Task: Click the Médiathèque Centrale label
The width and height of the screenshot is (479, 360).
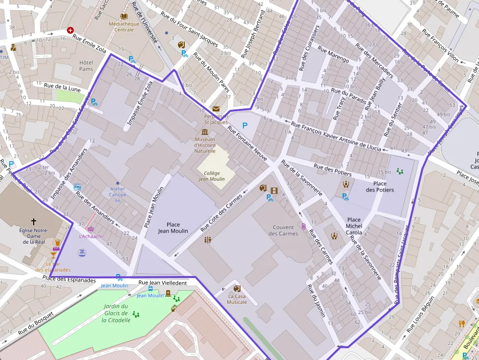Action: (124, 26)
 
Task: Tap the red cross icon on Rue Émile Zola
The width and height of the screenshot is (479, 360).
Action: (70, 30)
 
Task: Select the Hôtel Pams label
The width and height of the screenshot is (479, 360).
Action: (86, 66)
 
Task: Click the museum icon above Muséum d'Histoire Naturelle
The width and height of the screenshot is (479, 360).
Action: (204, 132)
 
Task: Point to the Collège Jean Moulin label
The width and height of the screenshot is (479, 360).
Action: (212, 176)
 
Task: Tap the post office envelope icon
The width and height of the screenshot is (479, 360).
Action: (216, 108)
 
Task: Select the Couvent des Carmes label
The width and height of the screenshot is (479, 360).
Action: (283, 230)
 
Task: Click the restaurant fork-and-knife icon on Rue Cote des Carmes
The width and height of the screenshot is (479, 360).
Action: (208, 240)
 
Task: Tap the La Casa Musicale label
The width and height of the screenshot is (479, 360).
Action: (237, 299)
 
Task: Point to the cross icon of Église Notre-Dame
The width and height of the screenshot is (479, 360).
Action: (33, 221)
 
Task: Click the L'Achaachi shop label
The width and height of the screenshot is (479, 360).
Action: (91, 236)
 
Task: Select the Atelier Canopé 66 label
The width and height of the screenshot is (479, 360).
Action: (117, 194)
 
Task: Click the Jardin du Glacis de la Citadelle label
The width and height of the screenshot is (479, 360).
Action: (117, 313)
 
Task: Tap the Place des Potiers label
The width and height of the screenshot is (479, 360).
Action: (380, 187)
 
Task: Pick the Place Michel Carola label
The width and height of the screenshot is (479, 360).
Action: (354, 226)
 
